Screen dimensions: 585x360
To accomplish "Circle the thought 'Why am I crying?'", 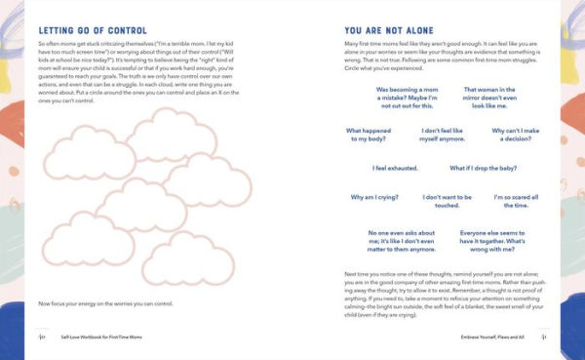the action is [x=375, y=197].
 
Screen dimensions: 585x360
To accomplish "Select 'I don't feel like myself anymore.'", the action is [x=444, y=135].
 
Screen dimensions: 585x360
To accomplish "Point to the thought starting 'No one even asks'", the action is [x=404, y=241].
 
